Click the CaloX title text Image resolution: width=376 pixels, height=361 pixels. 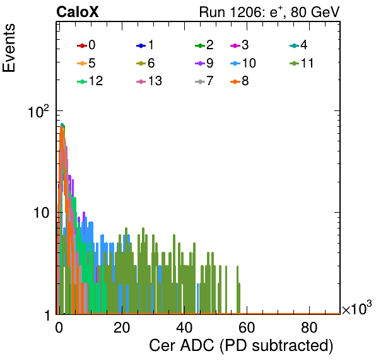tap(78, 12)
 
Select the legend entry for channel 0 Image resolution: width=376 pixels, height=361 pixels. tap(86, 45)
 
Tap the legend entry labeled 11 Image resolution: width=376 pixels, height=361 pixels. tap(302, 63)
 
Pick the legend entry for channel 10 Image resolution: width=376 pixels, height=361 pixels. tap(243, 63)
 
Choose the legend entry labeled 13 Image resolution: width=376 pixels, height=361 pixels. tap(149, 81)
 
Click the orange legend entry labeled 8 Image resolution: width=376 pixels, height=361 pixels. tap(239, 81)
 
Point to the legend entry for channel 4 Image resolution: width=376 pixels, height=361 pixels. tap(298, 45)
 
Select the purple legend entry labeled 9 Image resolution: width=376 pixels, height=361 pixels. tap(204, 63)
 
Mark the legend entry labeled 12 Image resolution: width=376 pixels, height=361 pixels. tap(90, 81)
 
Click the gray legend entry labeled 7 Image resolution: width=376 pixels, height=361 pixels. tap(204, 81)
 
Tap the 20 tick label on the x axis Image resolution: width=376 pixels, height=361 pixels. tap(122, 328)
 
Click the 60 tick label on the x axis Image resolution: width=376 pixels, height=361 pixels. tap(247, 328)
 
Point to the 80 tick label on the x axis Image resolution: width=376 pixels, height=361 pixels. tap(309, 328)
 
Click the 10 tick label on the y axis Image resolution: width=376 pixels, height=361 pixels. tap(41, 213)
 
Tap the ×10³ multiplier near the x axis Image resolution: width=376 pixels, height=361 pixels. tap(357, 308)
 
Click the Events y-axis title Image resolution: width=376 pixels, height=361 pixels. tap(9, 48)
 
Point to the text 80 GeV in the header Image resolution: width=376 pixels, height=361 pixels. tap(315, 12)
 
